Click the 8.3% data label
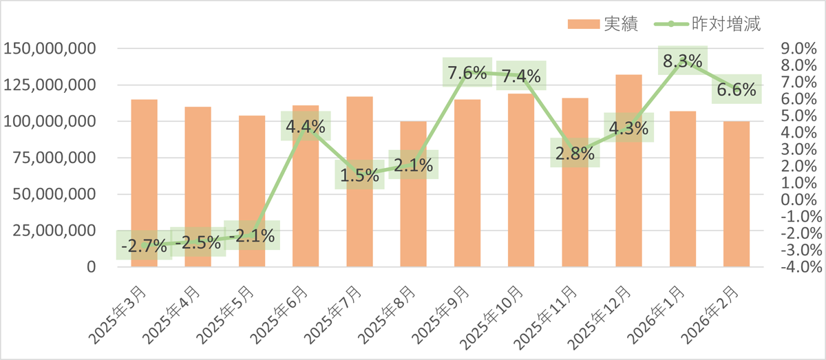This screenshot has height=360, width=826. pos(682,61)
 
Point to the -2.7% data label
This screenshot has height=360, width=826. pos(144,245)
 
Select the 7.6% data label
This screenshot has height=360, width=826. pos(467,72)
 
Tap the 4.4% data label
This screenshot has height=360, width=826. pos(306,126)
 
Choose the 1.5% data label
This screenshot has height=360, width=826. pos(359,175)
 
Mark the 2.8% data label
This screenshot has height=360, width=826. pos(575,153)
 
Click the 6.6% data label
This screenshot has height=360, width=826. pos(736,89)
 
